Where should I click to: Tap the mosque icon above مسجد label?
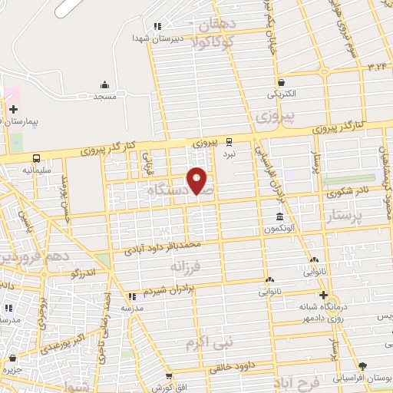(104, 85)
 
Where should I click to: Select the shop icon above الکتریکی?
(282, 82)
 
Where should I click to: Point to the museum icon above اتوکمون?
(280, 216)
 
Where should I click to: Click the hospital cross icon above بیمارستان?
(13, 109)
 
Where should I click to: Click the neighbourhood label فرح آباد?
(300, 381)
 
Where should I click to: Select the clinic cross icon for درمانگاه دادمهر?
(323, 296)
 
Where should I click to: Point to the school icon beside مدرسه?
(132, 296)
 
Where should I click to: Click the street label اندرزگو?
(83, 272)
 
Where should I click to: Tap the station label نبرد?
(229, 154)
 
